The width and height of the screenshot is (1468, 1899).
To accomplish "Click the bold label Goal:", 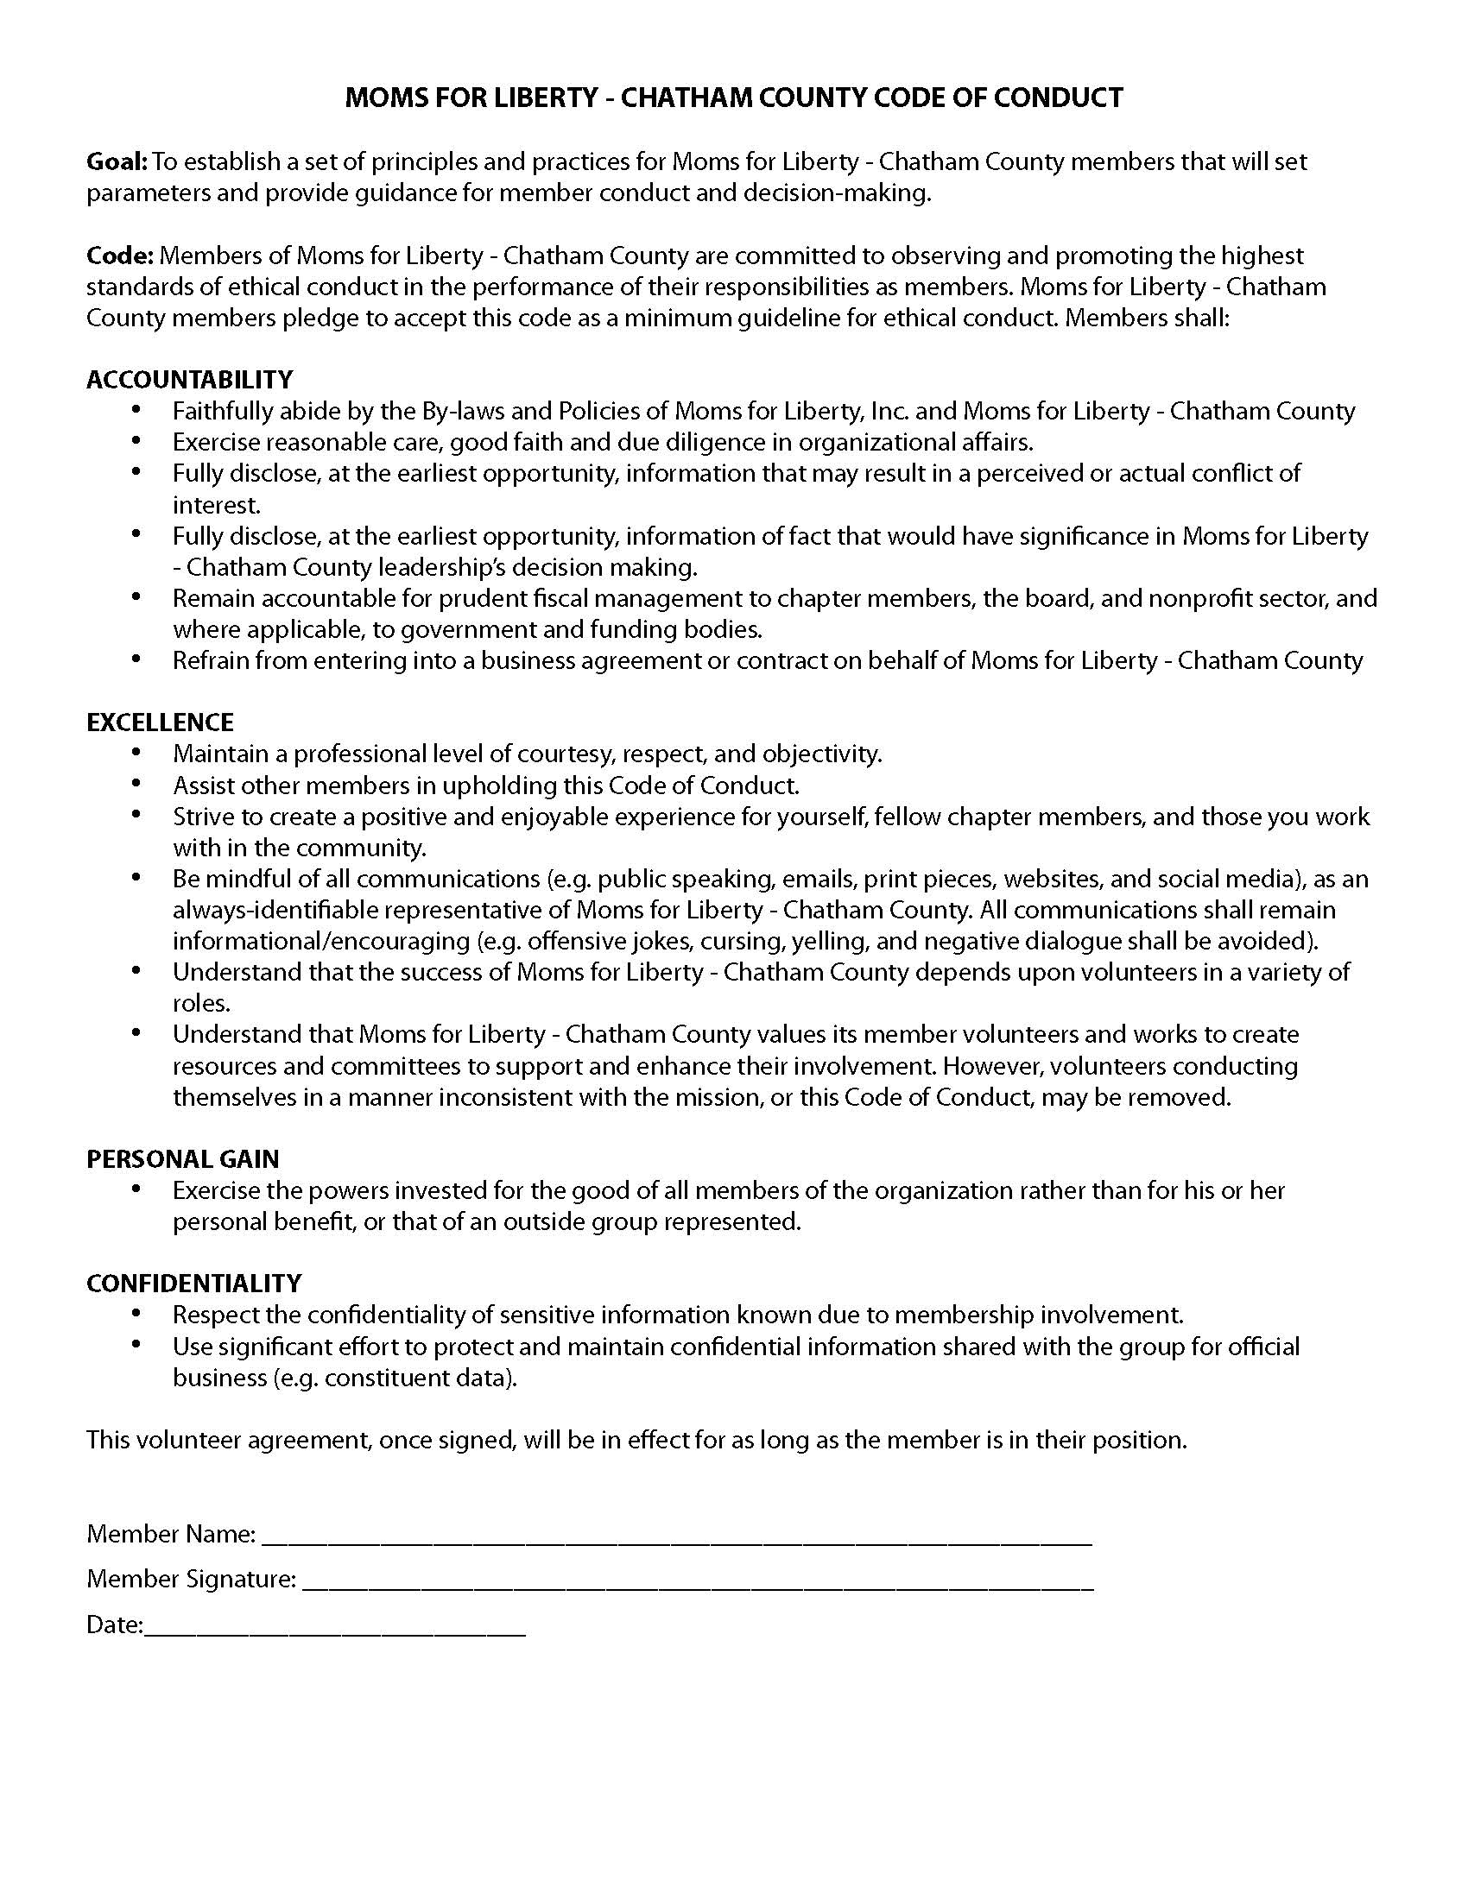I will click(117, 161).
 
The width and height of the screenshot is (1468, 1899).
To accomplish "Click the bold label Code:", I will click(120, 256).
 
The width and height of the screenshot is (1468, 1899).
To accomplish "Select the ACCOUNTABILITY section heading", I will click(190, 380).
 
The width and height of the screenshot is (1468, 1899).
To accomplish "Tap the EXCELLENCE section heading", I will click(160, 722).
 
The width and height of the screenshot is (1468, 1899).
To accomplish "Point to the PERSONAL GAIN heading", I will click(182, 1159).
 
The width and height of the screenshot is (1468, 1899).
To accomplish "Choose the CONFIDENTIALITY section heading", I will click(194, 1284).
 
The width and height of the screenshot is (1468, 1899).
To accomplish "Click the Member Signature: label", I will click(192, 1579).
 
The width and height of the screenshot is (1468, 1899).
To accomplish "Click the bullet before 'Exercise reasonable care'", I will click(136, 441).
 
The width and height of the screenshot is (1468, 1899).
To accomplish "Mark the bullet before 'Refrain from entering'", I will click(136, 660).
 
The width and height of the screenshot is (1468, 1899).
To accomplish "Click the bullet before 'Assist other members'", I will click(136, 785).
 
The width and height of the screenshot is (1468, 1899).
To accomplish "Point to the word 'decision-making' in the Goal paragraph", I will click(837, 193).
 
